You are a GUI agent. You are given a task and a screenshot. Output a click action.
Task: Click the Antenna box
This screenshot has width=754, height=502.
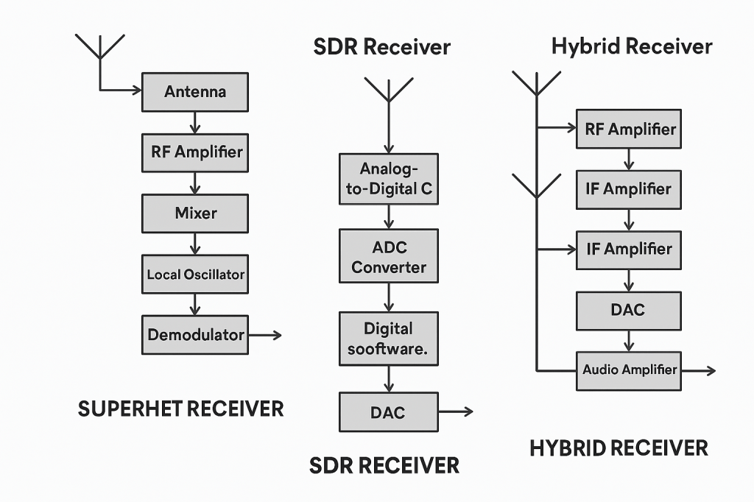click(195, 92)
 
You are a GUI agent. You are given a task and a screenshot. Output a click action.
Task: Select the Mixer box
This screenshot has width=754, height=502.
click(195, 213)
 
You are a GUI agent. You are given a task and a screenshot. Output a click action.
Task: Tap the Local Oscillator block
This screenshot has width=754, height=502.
click(195, 275)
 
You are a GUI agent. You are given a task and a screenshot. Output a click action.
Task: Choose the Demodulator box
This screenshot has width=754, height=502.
click(195, 335)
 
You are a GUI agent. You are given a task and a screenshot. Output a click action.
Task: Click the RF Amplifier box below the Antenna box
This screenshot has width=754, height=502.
click(195, 152)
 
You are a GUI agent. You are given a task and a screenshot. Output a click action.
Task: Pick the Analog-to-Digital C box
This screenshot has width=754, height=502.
click(388, 179)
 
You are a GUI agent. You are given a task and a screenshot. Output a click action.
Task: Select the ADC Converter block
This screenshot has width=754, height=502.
click(388, 256)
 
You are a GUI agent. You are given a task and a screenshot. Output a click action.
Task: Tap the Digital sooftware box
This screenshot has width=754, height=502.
click(388, 339)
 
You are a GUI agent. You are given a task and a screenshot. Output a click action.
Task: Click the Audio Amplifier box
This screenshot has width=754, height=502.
click(630, 370)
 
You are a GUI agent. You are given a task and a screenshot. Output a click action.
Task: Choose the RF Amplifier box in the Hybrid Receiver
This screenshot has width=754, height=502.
click(630, 129)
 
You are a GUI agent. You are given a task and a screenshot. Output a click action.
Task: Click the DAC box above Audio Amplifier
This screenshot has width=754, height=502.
click(627, 310)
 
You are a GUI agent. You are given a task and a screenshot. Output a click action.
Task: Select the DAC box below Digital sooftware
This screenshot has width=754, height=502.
click(388, 412)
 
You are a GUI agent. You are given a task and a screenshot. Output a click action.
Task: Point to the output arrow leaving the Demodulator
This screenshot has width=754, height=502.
click(265, 336)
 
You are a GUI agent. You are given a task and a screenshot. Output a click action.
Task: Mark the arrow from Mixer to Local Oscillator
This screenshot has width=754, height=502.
click(195, 244)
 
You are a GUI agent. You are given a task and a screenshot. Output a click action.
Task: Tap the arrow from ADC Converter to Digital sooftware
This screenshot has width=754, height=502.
click(388, 297)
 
